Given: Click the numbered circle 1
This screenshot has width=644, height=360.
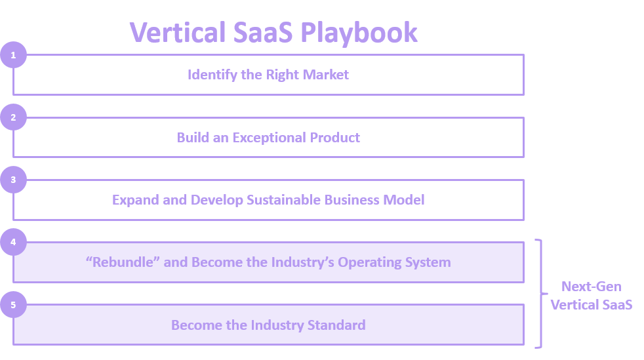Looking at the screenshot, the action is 14,55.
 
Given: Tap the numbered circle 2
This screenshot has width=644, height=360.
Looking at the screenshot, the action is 14,117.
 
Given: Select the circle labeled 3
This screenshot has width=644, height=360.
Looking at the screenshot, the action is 14,180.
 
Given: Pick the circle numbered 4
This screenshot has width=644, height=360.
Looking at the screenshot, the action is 14,242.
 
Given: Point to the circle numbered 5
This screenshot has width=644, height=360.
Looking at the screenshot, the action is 14,305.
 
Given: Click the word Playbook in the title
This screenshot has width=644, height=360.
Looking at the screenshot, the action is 359,33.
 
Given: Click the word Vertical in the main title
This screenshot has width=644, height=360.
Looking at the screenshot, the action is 178,32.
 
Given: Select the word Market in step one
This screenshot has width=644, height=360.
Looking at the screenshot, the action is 326,75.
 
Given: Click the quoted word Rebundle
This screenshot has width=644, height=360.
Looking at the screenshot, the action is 123,262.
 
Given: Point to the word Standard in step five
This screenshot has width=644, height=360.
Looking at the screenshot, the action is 336,325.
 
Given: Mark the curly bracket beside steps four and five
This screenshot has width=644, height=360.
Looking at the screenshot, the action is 541,294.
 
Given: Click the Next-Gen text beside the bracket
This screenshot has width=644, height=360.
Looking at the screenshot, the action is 592,287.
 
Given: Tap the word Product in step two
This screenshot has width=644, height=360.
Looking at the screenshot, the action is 334,138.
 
